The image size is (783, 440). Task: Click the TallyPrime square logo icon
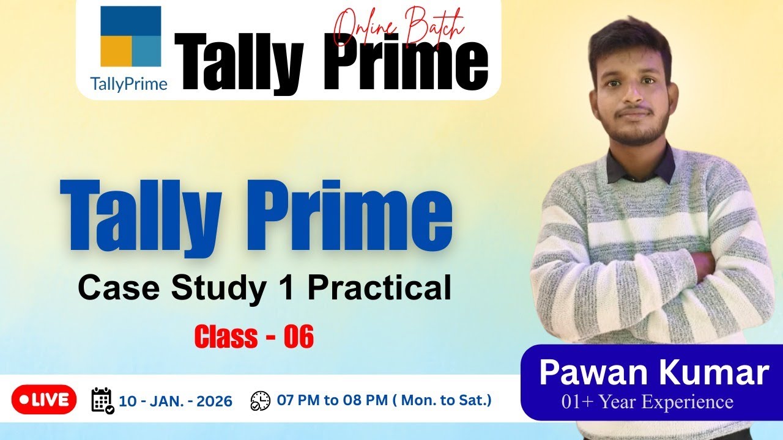[130, 36]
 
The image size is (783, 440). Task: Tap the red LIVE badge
[44, 400]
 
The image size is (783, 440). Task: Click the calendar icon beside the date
[102, 400]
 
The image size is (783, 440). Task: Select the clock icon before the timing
[260, 401]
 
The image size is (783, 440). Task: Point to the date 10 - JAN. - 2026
[176, 402]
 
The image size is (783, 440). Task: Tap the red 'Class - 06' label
[254, 337]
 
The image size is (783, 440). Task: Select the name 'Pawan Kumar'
[653, 373]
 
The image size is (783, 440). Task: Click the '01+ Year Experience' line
[648, 402]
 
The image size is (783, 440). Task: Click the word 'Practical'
[379, 288]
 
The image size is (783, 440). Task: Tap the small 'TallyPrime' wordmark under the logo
[128, 84]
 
